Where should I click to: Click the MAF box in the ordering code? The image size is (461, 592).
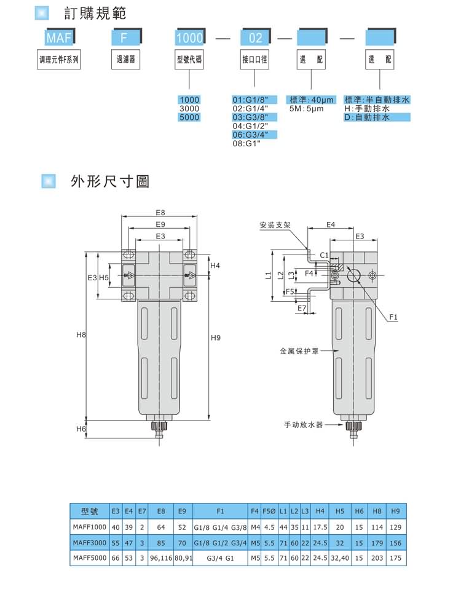(60, 38)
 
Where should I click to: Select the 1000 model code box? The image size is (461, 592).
(189, 38)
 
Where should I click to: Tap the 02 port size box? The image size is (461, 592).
(255, 38)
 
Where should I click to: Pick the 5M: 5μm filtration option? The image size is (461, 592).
(306, 108)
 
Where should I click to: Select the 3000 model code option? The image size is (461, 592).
(189, 108)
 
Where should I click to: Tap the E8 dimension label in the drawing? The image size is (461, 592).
(160, 213)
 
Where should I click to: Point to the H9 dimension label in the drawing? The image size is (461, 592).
(215, 337)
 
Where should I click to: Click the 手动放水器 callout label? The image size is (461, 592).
(303, 424)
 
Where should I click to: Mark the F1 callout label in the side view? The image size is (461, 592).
(393, 317)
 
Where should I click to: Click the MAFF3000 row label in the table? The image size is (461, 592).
(90, 543)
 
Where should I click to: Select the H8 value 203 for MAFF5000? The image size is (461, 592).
(377, 558)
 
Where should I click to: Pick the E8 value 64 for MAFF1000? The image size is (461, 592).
(161, 527)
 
